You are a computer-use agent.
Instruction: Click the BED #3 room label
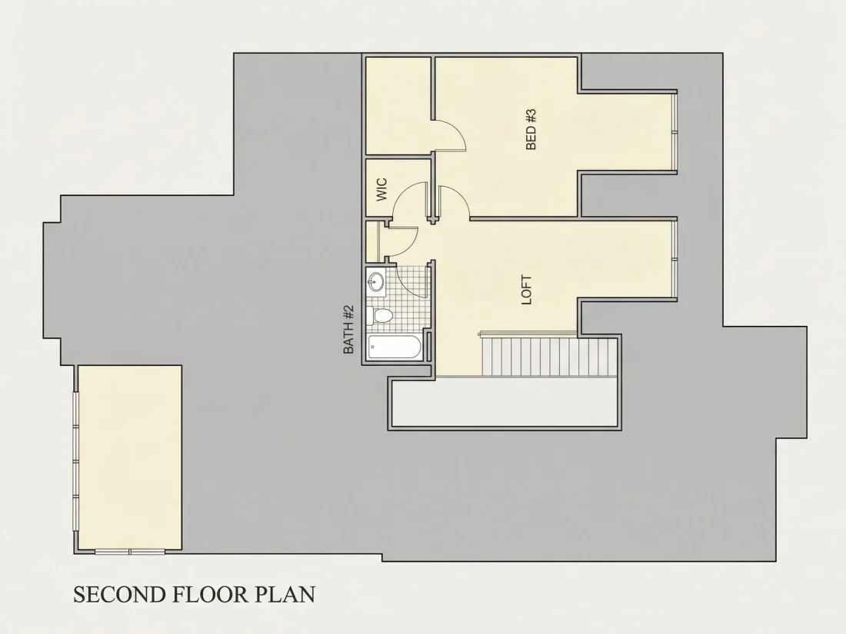pos(531,129)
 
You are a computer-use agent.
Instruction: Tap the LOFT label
pos(527,290)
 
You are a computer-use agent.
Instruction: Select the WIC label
pos(381,190)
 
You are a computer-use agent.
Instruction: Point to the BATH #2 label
pos(348,330)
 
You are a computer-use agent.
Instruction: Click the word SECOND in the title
pos(119,594)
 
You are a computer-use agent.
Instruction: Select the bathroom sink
pos(376,280)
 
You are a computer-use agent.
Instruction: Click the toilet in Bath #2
pos(380,315)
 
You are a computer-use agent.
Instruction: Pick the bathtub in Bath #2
pos(395,347)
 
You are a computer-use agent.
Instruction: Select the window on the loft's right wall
pos(674,259)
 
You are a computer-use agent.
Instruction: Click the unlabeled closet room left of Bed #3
pos(398,106)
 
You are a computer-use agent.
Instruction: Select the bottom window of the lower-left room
pos(130,552)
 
